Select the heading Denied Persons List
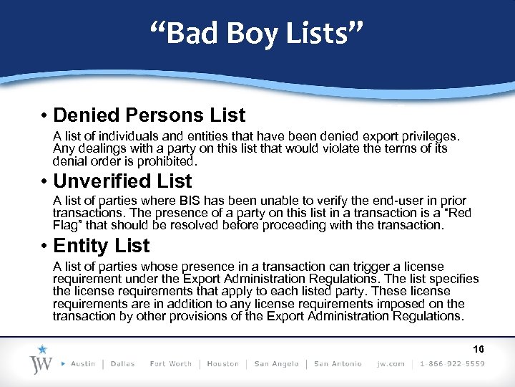click(149, 115)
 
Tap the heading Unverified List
click(122, 181)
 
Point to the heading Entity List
click(101, 246)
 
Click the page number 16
click(479, 350)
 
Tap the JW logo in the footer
click(42, 361)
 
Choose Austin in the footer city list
click(83, 363)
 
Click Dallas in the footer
click(123, 363)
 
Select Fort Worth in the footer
click(170, 363)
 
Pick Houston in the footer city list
click(223, 363)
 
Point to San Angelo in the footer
click(276, 363)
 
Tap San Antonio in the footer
click(338, 363)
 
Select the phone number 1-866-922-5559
click(453, 363)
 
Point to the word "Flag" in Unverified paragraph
click(67, 225)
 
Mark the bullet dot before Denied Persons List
click(44, 116)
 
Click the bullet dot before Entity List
click(44, 247)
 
